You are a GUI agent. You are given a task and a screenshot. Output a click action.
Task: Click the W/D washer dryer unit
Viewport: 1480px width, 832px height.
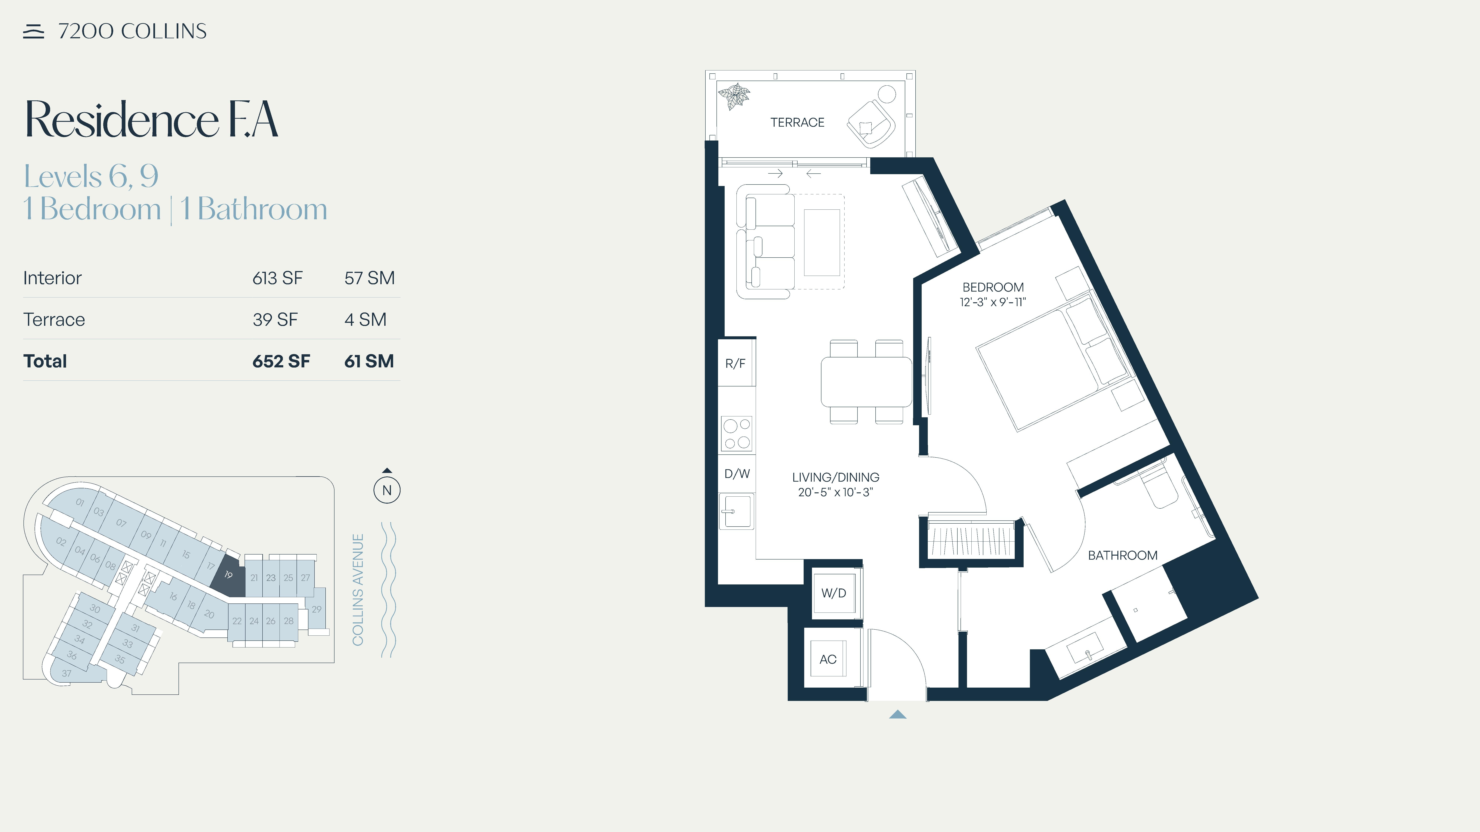[x=834, y=593]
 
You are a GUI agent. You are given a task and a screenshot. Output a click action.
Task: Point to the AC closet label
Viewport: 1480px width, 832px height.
[x=828, y=659]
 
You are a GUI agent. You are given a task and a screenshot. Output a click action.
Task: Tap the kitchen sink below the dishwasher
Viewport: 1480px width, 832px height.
[x=736, y=511]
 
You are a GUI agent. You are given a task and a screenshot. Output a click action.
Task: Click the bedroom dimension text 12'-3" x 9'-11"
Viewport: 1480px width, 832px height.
[x=993, y=302]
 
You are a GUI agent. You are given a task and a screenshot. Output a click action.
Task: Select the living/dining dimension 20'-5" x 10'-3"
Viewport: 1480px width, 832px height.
[x=835, y=492]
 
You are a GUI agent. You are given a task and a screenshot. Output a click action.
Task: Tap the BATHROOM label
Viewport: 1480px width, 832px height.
[x=1123, y=555]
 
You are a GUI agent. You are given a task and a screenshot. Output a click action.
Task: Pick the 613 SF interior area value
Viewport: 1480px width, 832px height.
[x=277, y=278]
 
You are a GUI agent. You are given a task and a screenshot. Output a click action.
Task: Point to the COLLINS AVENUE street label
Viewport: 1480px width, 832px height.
[x=358, y=590]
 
